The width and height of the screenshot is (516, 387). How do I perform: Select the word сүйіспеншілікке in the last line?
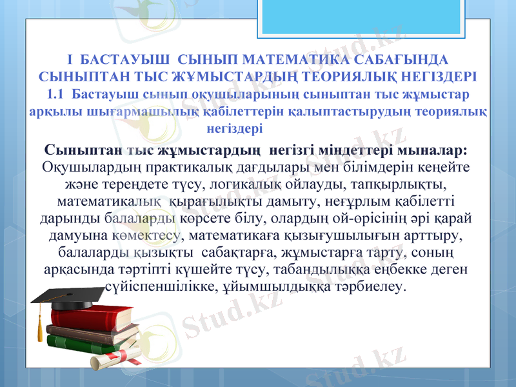[155, 284]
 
